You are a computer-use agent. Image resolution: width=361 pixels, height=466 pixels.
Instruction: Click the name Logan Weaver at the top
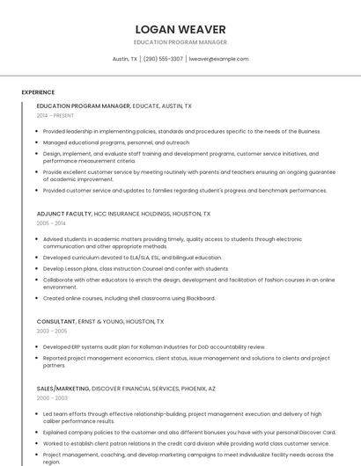click(x=180, y=29)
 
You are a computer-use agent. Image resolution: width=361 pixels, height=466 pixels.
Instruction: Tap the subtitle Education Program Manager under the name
click(x=180, y=42)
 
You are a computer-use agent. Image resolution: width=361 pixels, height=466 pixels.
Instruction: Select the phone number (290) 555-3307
click(x=163, y=59)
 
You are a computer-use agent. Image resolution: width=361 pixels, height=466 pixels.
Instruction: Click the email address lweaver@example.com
click(x=219, y=59)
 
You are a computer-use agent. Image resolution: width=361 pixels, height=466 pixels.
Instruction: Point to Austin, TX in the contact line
click(x=125, y=59)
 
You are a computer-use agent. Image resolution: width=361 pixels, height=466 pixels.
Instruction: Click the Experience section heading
click(x=38, y=92)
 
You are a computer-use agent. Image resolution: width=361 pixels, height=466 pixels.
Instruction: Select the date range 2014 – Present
click(x=55, y=115)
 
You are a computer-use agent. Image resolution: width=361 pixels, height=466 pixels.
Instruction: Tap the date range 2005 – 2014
click(x=51, y=223)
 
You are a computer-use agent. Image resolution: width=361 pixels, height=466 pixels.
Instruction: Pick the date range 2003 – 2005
click(x=52, y=331)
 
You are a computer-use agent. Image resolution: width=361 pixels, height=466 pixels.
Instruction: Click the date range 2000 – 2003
click(x=52, y=398)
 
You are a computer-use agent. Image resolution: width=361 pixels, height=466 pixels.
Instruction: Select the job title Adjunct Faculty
click(x=64, y=214)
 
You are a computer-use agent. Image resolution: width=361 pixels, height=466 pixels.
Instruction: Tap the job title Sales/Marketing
click(x=63, y=388)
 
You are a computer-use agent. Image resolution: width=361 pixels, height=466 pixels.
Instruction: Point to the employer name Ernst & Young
click(x=107, y=322)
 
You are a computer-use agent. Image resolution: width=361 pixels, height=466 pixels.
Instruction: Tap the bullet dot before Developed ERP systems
click(x=39, y=347)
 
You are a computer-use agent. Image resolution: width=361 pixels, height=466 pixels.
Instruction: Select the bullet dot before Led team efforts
click(x=39, y=414)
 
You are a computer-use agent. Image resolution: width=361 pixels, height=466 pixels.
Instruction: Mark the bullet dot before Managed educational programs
click(x=39, y=142)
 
